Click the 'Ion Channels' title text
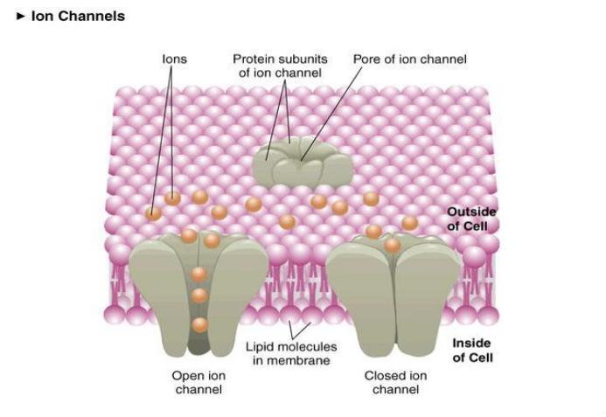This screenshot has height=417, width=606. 78,16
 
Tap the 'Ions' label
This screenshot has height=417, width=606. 174,59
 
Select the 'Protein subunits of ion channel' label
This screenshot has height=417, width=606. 279,66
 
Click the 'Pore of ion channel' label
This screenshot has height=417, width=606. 409,59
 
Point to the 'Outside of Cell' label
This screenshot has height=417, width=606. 471,219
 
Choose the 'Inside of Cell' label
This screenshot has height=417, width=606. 472,350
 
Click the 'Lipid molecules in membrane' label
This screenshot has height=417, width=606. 290,353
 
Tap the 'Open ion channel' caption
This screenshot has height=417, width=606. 199,382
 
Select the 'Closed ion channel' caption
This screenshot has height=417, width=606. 395,382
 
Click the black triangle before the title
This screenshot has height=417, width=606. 20,16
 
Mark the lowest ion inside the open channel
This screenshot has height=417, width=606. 199,324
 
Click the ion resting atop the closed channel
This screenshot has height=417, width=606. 393,246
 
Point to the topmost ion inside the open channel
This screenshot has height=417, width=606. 199,274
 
